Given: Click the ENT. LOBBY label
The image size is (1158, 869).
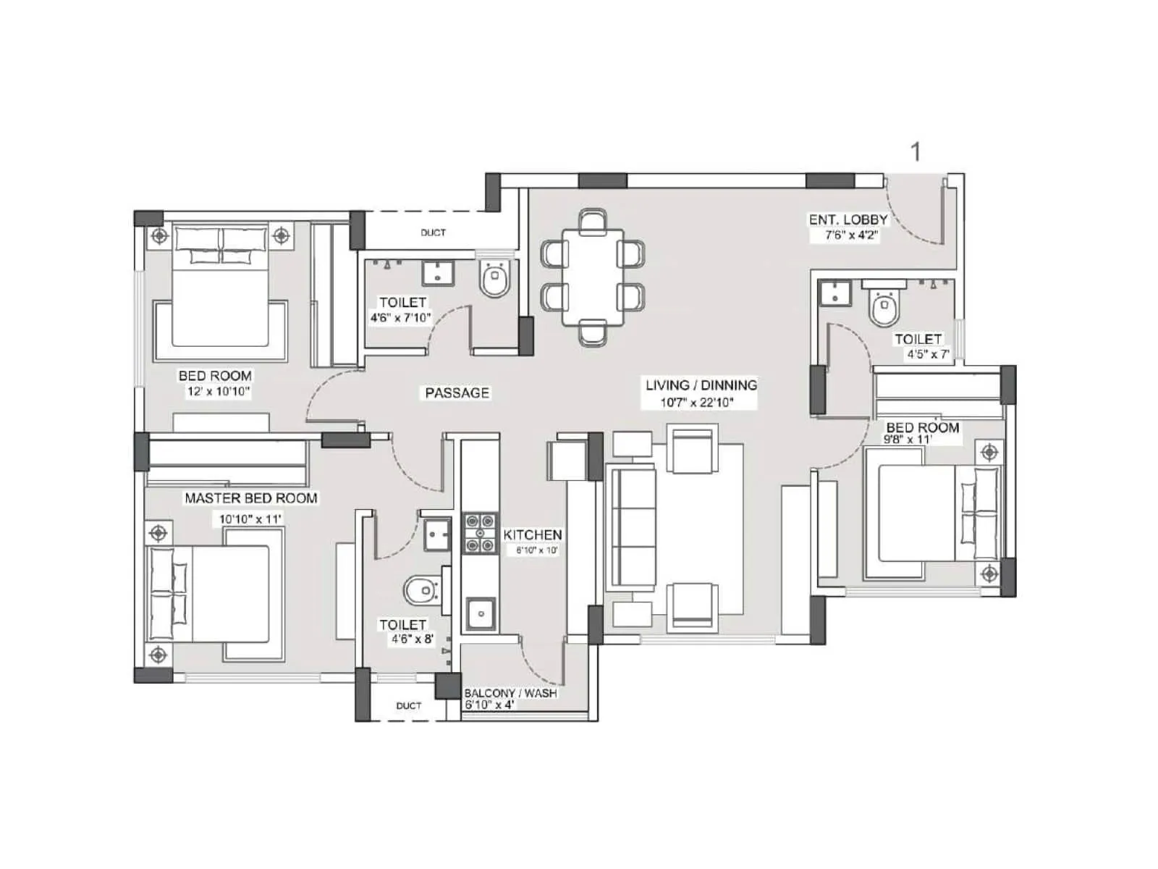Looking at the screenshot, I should pyautogui.click(x=848, y=219).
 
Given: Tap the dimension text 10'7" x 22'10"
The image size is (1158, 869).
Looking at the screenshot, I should pyautogui.click(x=696, y=402).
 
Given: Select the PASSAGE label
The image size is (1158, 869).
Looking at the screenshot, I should pyautogui.click(x=457, y=392).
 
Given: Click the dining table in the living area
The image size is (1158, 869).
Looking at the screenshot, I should pyautogui.click(x=593, y=277).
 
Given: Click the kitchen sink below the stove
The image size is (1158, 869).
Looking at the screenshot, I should pyautogui.click(x=480, y=613).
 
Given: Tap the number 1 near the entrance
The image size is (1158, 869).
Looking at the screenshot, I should pyautogui.click(x=916, y=152).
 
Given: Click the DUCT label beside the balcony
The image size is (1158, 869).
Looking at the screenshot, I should pyautogui.click(x=408, y=705).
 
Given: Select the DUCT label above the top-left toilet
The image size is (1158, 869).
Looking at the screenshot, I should pyautogui.click(x=433, y=232).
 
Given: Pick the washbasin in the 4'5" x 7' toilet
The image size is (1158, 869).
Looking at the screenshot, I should pyautogui.click(x=835, y=293).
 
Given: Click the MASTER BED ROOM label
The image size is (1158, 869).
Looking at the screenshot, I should pyautogui.click(x=250, y=498).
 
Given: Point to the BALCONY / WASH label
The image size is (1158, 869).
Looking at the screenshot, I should pyautogui.click(x=510, y=693).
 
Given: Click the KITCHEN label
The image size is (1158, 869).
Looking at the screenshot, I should pyautogui.click(x=532, y=534).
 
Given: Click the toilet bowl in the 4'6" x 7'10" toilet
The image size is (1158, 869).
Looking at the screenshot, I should pyautogui.click(x=495, y=280).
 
